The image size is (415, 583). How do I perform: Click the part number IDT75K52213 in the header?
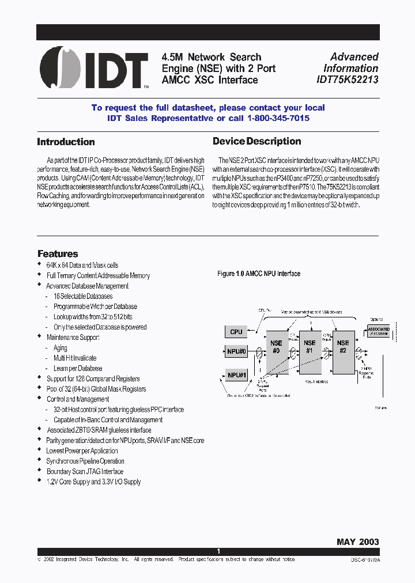(346, 80)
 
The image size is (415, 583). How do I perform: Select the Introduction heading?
(66, 142)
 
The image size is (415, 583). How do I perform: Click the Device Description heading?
(256, 141)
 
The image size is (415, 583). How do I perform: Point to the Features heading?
(58, 253)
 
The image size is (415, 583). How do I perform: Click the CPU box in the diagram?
(236, 332)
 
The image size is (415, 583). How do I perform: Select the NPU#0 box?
(236, 351)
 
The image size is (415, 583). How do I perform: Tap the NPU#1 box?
(236, 375)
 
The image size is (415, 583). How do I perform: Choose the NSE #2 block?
(343, 346)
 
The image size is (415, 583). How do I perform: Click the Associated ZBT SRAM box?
(378, 331)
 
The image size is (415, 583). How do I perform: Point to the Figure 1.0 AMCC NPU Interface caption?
(258, 274)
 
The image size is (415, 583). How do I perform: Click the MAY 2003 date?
(357, 542)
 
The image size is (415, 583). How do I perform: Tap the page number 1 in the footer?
(218, 551)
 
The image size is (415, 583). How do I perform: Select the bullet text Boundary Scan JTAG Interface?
(85, 471)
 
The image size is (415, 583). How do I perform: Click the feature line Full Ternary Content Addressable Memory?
(98, 275)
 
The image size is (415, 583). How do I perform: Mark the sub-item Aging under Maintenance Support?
(61, 348)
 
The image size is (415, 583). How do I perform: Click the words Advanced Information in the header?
(354, 62)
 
